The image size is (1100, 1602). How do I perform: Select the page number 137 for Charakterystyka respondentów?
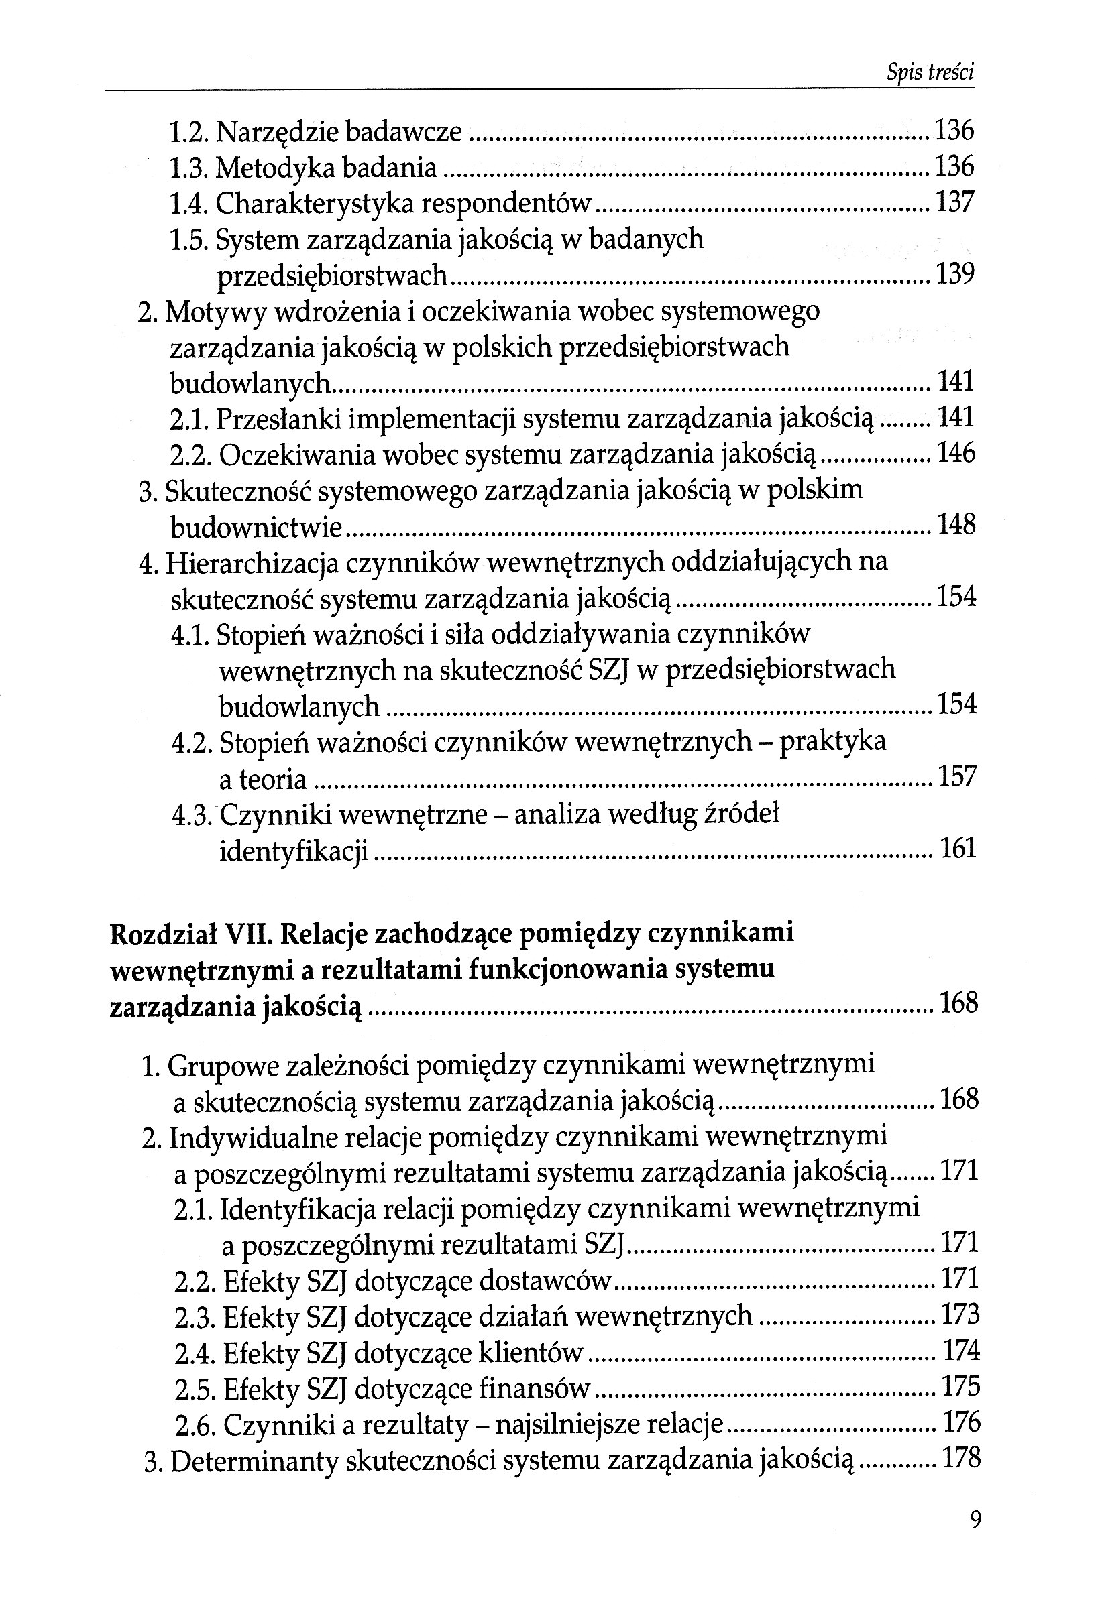pyautogui.click(x=954, y=202)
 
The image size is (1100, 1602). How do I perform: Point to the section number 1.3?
pyautogui.click(x=188, y=168)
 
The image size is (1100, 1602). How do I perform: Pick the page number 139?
pyautogui.click(x=954, y=274)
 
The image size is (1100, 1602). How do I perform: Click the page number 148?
pyautogui.click(x=956, y=526)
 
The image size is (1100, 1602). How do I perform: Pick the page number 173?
pyautogui.click(x=960, y=1315)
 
